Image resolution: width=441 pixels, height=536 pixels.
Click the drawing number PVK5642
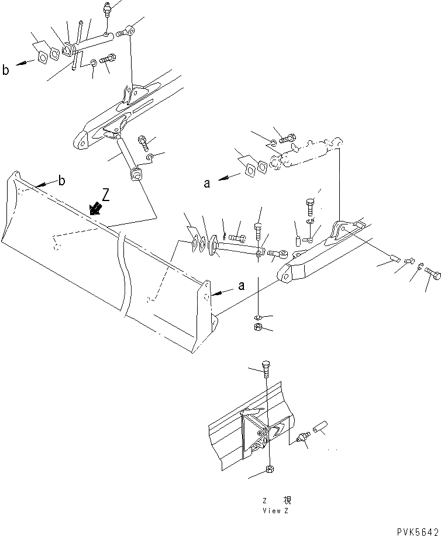pos(416,530)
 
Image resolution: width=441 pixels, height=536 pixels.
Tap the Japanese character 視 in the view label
pos(287,501)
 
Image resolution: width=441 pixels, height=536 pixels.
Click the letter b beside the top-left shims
pos(6,71)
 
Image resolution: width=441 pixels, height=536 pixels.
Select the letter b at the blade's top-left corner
pos(62,181)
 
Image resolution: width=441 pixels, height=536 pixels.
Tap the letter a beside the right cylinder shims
pos(206,183)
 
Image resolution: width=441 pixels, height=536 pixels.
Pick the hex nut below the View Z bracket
pos(268,469)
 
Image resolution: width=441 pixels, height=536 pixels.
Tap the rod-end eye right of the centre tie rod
pos(283,254)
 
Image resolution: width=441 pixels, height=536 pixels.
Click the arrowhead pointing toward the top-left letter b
pos(19,65)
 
